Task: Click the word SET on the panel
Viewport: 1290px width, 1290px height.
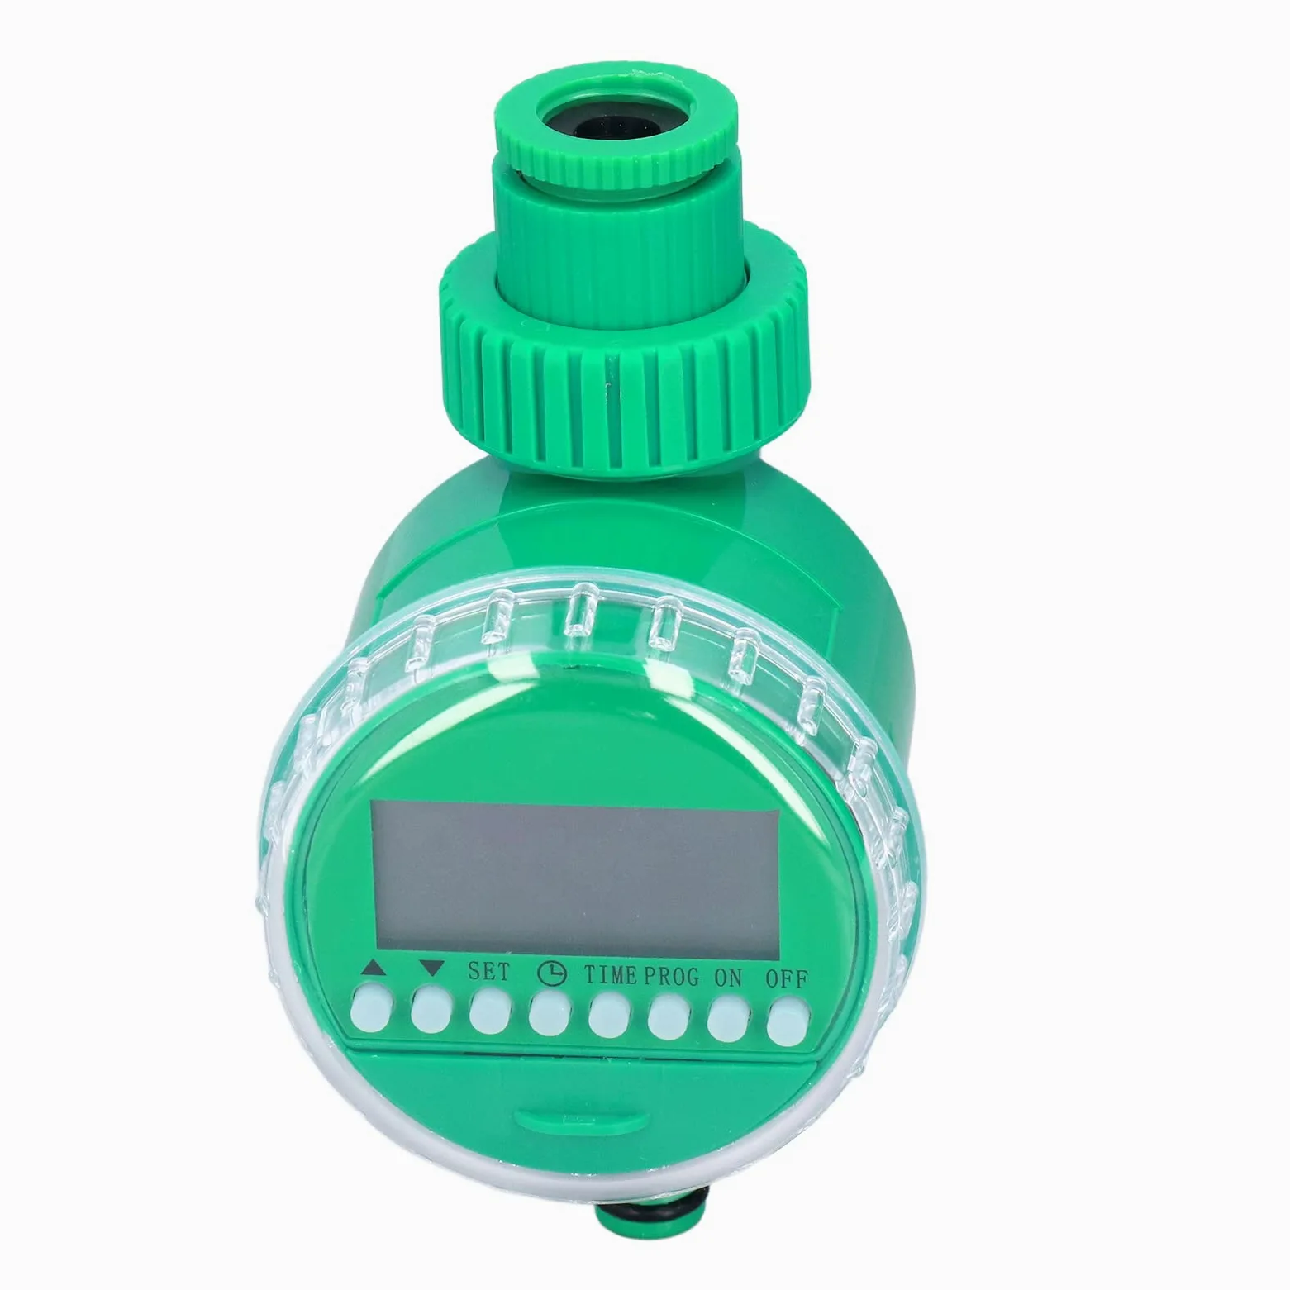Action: pos(489,971)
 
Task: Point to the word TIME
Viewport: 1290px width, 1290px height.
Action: pos(611,975)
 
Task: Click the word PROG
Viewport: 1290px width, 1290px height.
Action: pos(671,977)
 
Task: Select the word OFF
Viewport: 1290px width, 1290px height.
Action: pos(787,979)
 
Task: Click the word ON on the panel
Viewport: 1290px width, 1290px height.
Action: pos(728,978)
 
